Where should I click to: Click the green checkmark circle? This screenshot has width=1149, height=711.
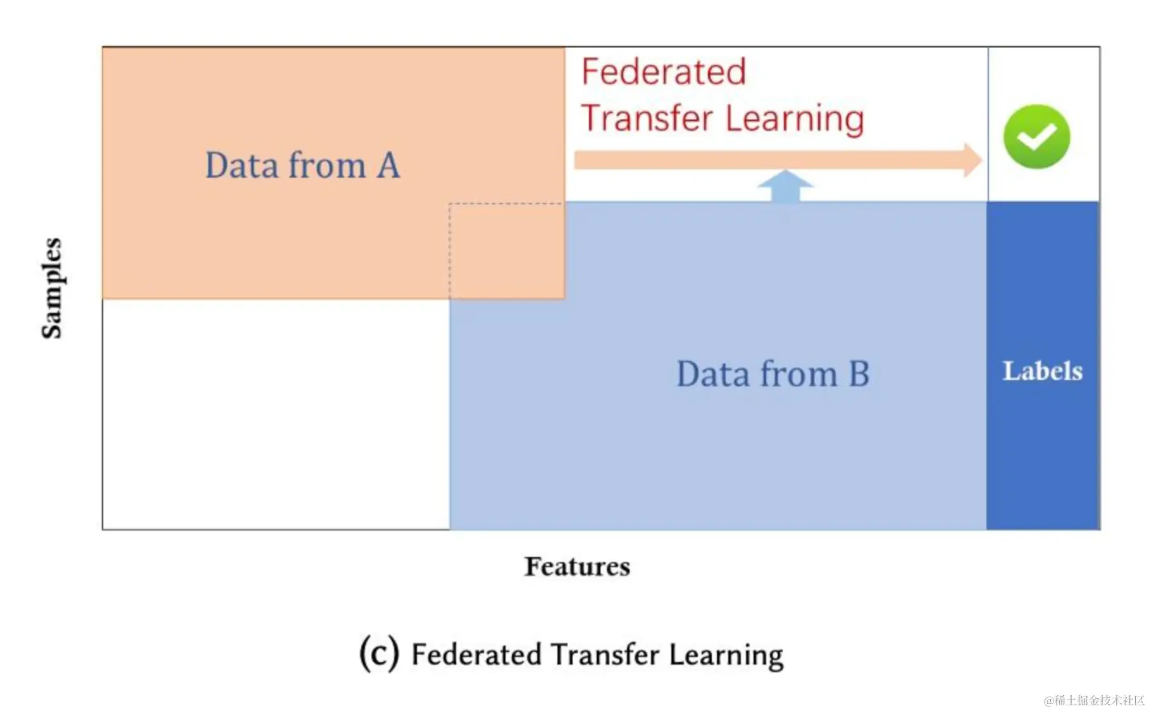[1036, 137]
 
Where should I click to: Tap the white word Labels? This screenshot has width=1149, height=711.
[1043, 371]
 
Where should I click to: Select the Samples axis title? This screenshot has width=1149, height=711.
[52, 288]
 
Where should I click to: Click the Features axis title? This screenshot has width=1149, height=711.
[577, 567]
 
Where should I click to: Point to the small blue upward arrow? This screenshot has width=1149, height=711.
[785, 186]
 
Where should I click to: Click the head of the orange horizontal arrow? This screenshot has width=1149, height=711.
[972, 159]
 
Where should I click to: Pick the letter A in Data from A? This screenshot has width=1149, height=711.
[388, 166]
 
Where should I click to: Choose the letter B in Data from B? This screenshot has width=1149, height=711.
[859, 374]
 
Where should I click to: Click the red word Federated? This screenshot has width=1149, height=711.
[664, 71]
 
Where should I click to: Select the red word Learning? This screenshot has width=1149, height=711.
[795, 120]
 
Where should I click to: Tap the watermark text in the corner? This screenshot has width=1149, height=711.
[1094, 700]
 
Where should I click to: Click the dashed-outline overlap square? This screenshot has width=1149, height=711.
[506, 250]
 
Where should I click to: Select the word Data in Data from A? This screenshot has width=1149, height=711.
[242, 166]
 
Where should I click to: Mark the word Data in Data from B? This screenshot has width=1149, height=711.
[713, 374]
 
